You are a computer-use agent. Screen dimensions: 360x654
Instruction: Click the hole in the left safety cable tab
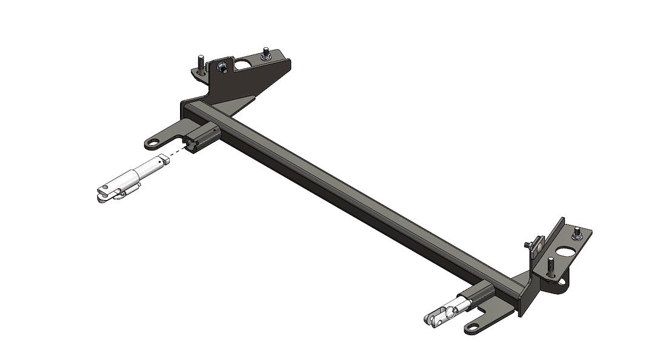click(152, 144)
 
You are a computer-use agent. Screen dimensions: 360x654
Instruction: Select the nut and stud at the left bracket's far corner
click(265, 56)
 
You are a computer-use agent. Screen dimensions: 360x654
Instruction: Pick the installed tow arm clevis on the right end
click(440, 316)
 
